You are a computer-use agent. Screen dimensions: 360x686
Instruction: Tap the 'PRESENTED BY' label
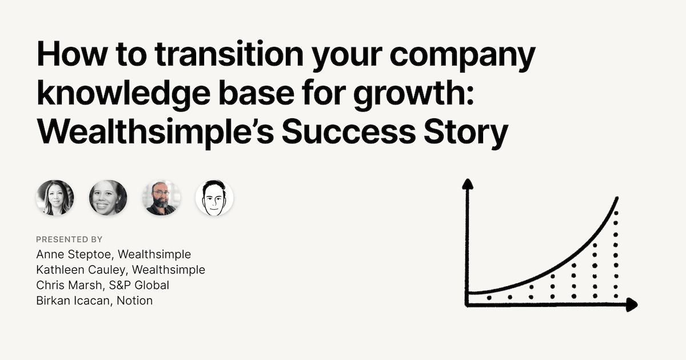click(69, 239)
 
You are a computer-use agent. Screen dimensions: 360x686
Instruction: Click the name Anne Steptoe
click(74, 254)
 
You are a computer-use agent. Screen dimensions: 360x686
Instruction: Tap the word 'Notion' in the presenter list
click(135, 301)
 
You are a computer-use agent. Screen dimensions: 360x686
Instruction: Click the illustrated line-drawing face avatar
click(214, 198)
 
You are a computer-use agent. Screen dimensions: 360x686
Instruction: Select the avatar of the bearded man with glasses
click(162, 198)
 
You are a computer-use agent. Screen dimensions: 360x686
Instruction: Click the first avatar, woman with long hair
click(55, 198)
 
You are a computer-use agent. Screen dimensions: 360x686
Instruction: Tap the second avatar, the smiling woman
click(108, 198)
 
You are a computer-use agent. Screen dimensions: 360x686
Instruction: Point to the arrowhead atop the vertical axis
click(468, 184)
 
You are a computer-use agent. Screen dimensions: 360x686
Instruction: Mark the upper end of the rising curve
click(617, 198)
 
